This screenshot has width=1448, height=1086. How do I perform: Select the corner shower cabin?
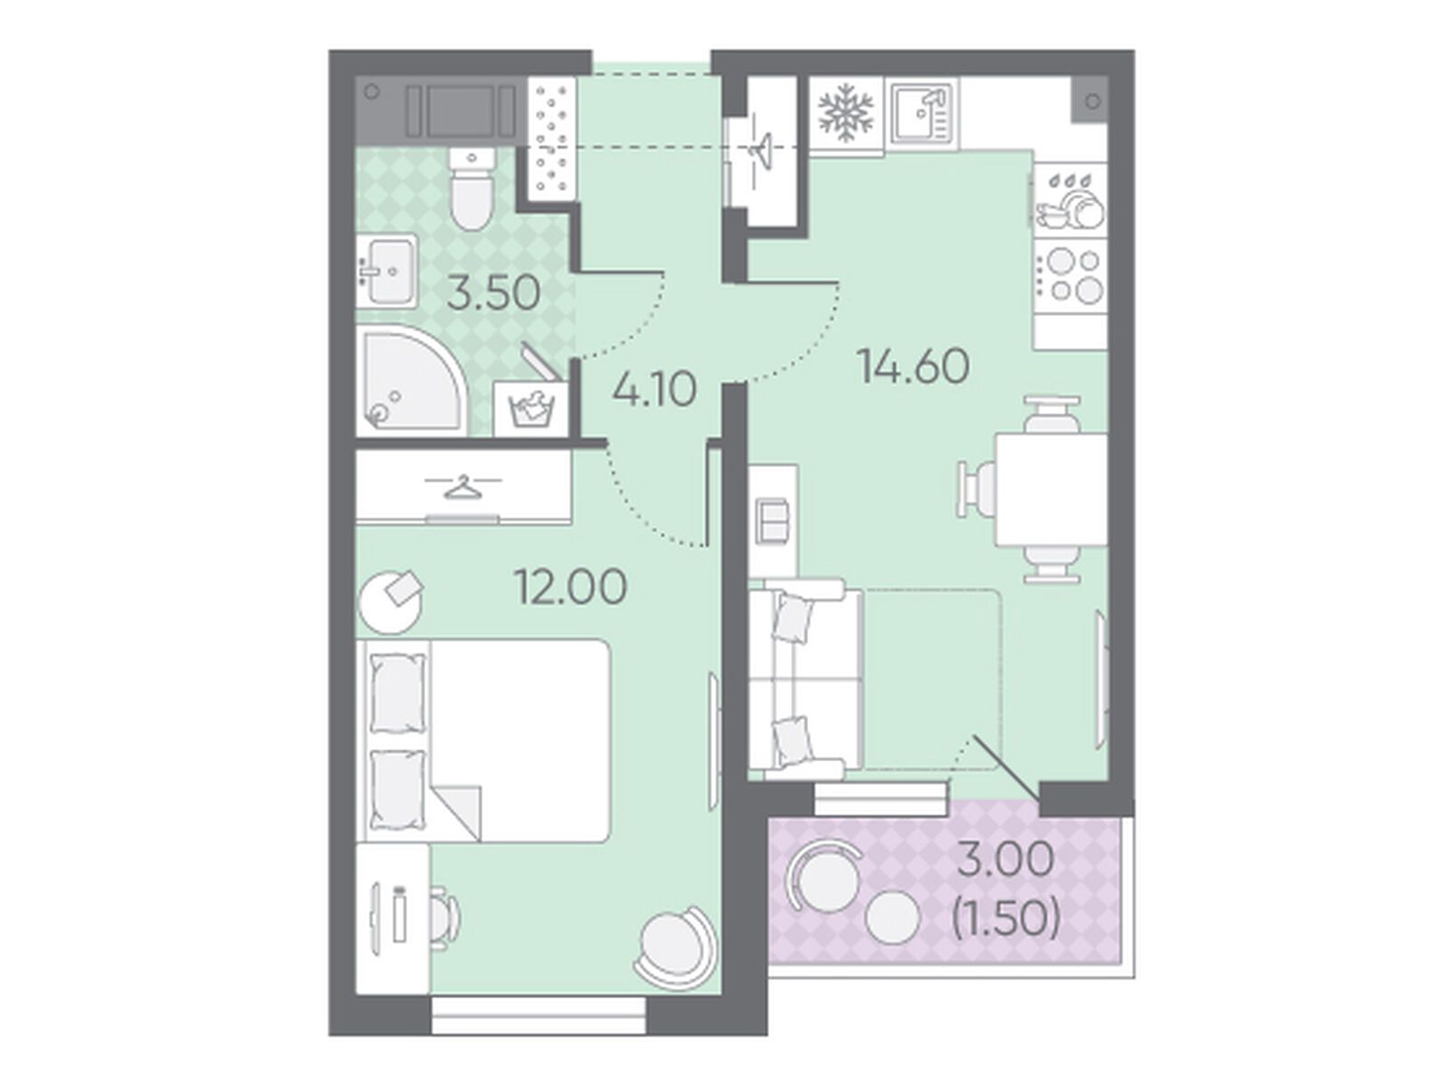pos(412,381)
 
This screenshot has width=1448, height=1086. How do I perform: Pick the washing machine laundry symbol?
pos(531,409)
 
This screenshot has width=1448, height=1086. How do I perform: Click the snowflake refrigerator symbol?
pos(845,110)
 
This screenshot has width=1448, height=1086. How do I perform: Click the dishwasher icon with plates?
pos(1070,200)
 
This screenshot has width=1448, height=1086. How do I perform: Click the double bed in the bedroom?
pos(482,739)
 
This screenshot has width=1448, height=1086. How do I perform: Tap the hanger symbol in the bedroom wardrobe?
pos(462,487)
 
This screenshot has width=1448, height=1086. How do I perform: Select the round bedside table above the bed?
pos(391,601)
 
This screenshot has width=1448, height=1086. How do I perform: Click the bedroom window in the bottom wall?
pos(538,1034)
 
